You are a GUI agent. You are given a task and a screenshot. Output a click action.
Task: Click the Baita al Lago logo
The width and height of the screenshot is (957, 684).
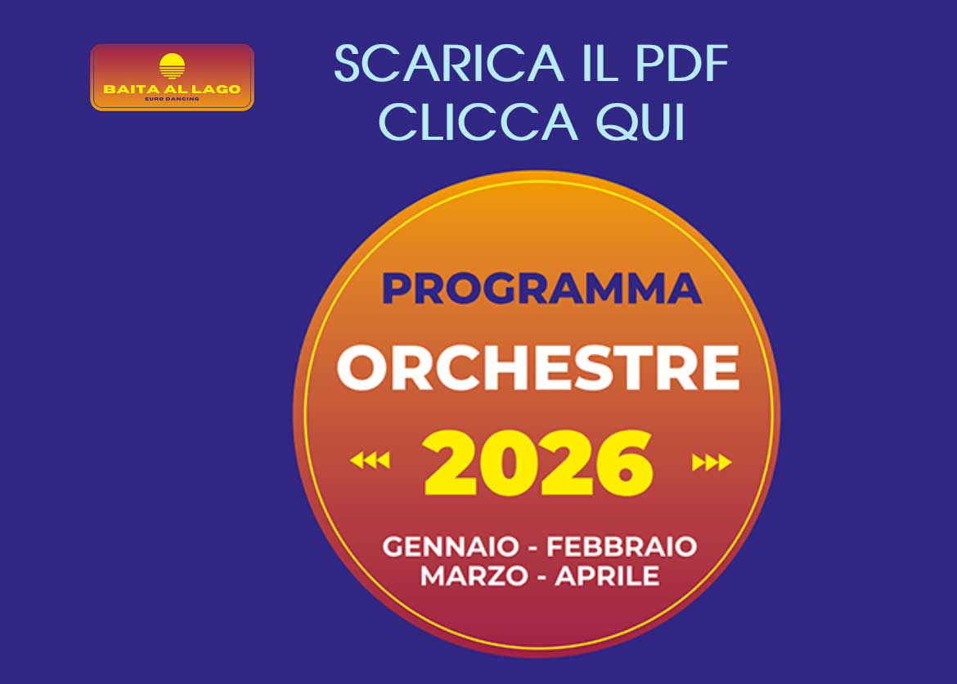[x=172, y=77]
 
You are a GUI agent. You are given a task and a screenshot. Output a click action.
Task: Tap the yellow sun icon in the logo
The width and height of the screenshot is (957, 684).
[x=172, y=65]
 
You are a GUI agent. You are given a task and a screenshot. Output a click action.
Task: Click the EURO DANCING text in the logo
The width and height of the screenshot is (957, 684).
[x=172, y=99]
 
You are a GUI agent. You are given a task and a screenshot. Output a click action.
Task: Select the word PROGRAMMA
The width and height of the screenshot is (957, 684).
[x=541, y=289]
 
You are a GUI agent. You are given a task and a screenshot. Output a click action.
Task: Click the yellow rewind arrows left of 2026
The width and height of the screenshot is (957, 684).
[x=370, y=462]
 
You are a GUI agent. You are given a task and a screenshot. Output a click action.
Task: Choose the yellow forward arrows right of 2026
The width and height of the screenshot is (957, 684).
[x=711, y=463]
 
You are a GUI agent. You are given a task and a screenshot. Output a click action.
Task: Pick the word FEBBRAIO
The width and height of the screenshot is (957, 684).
[x=621, y=546]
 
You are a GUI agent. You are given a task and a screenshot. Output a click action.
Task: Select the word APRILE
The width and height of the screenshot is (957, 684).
[x=607, y=575]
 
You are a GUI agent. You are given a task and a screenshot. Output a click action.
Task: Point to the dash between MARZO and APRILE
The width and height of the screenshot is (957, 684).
[x=541, y=576]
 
